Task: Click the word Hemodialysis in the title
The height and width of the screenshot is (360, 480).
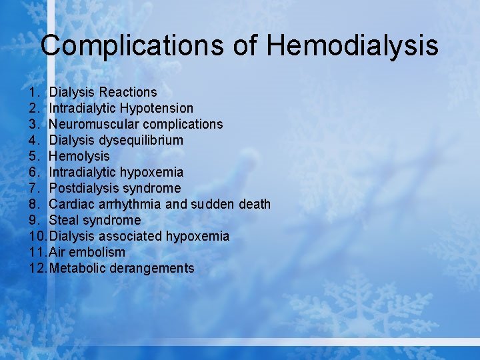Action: [353, 46]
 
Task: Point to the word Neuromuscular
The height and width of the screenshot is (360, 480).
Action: [92, 124]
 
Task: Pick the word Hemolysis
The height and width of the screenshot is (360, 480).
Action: [79, 156]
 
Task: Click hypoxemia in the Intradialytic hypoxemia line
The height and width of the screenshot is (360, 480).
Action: [153, 172]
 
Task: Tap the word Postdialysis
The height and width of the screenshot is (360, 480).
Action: [84, 188]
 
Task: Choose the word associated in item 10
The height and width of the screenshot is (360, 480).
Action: [131, 236]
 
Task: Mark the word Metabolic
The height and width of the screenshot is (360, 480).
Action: [76, 268]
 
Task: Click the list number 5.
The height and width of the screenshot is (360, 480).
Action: [34, 156]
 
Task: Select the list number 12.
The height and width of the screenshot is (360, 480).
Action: [37, 268]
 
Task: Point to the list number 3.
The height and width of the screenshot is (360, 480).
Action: [34, 124]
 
